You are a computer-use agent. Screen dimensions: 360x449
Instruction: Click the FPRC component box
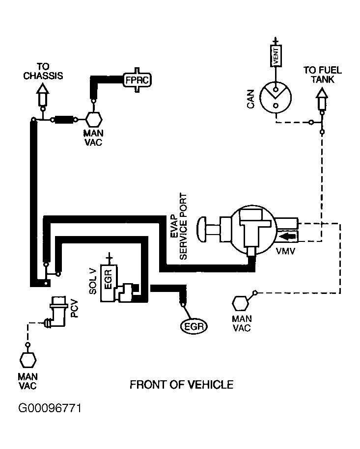tap(138, 80)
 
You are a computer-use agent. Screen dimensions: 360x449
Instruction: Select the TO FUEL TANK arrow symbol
tap(322, 99)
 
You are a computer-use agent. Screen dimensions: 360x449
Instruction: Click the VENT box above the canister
tap(276, 56)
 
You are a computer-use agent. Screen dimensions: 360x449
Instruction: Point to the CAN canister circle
tap(276, 98)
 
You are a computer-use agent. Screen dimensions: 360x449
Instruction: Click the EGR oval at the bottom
tap(194, 326)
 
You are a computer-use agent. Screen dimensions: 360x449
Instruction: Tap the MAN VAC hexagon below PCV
tap(28, 360)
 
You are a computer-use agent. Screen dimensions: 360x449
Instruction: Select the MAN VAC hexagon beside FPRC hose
tap(94, 119)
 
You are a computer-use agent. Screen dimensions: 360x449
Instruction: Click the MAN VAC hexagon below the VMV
tap(240, 304)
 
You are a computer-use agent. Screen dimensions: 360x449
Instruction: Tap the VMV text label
tap(285, 251)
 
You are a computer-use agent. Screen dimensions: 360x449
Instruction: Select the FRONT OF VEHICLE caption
tap(181, 385)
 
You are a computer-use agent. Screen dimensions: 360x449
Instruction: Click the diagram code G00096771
tap(50, 408)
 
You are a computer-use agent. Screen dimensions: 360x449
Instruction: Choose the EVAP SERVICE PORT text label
tap(179, 226)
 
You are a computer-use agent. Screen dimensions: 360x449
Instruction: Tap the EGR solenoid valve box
tap(109, 283)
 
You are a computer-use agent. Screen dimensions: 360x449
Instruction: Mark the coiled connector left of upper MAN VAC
tap(64, 119)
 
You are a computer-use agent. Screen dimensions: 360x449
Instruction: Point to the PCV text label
tap(75, 308)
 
